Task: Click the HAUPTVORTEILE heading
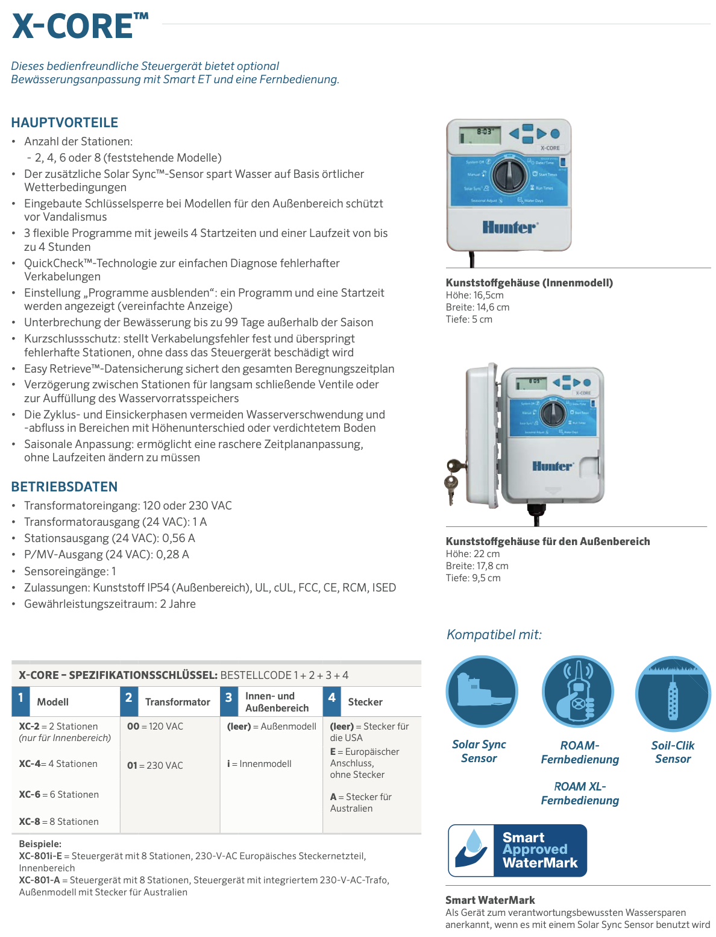(x=64, y=122)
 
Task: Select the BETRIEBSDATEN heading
(x=64, y=487)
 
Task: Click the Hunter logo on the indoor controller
(x=509, y=227)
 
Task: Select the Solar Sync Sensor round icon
(x=482, y=692)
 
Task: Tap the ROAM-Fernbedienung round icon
(x=577, y=692)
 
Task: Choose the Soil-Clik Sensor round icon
(x=673, y=693)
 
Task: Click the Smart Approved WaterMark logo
(x=517, y=850)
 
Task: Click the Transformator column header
(x=177, y=702)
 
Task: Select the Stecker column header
(x=365, y=702)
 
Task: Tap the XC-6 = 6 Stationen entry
(x=58, y=794)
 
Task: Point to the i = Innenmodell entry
(x=259, y=763)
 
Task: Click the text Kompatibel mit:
(x=494, y=634)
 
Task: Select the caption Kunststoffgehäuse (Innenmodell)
(x=529, y=282)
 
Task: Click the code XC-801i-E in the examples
(x=40, y=856)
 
